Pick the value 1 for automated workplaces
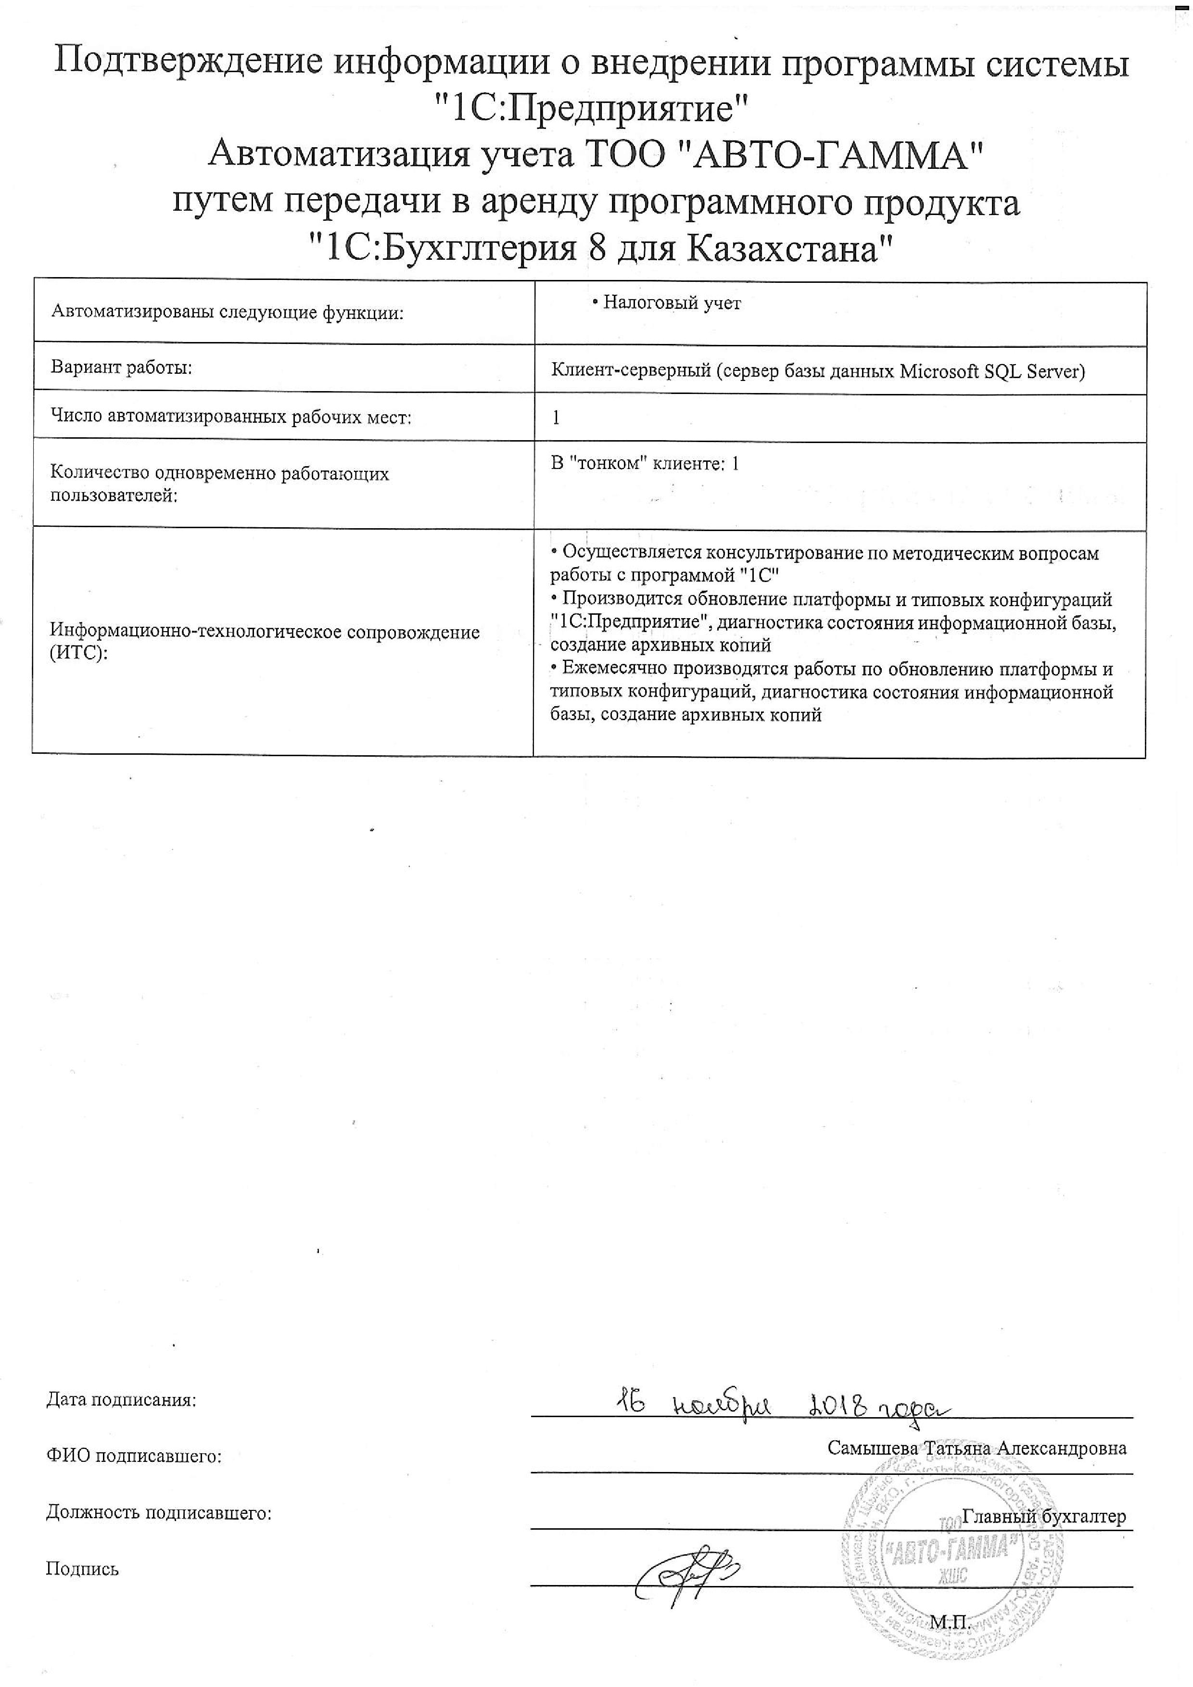click(x=556, y=418)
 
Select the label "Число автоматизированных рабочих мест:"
click(x=231, y=418)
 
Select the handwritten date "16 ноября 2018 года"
click(x=782, y=1401)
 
